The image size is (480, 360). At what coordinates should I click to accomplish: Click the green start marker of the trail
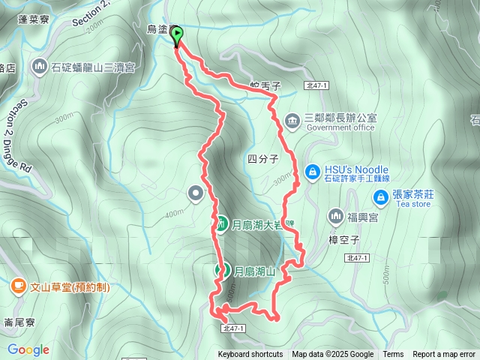[x=178, y=36]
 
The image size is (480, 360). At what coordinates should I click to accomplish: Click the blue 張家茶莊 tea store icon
[x=381, y=197]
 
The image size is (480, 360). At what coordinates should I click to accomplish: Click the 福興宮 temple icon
[x=334, y=217]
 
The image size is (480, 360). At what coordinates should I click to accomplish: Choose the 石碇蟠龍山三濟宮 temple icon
[x=40, y=67]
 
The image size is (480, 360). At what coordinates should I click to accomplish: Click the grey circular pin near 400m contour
[x=196, y=195]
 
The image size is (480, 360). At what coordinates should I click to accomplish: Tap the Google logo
[x=28, y=349]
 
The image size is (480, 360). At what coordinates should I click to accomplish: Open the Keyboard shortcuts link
[x=250, y=355]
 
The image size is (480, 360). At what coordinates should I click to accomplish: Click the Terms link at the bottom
[x=393, y=355]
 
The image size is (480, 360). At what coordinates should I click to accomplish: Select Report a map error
[x=444, y=355]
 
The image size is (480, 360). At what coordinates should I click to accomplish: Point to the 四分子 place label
[x=262, y=158]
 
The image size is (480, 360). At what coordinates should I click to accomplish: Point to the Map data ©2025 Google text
[x=332, y=355]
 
